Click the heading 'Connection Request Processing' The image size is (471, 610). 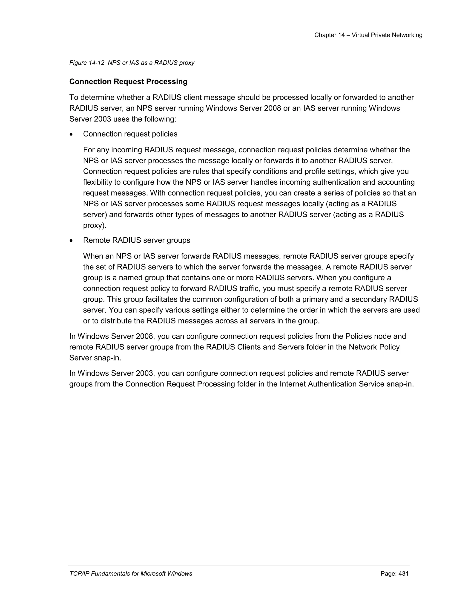click(128, 81)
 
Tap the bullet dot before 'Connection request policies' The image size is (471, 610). click(72, 135)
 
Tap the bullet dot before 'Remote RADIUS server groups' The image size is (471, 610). click(72, 241)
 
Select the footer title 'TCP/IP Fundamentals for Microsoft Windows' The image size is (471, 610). click(131, 574)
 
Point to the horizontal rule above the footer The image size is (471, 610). click(239, 566)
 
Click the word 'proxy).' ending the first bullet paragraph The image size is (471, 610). click(95, 225)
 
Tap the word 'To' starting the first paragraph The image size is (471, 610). click(73, 97)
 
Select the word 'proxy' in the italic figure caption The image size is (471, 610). click(187, 63)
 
